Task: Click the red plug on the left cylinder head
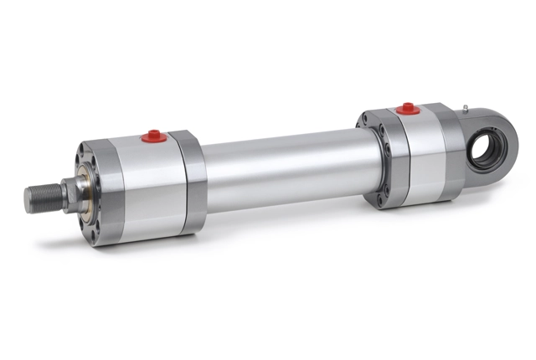(152, 135)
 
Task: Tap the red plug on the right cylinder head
(407, 108)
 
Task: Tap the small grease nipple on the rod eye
(462, 107)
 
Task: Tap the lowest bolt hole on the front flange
(98, 235)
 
